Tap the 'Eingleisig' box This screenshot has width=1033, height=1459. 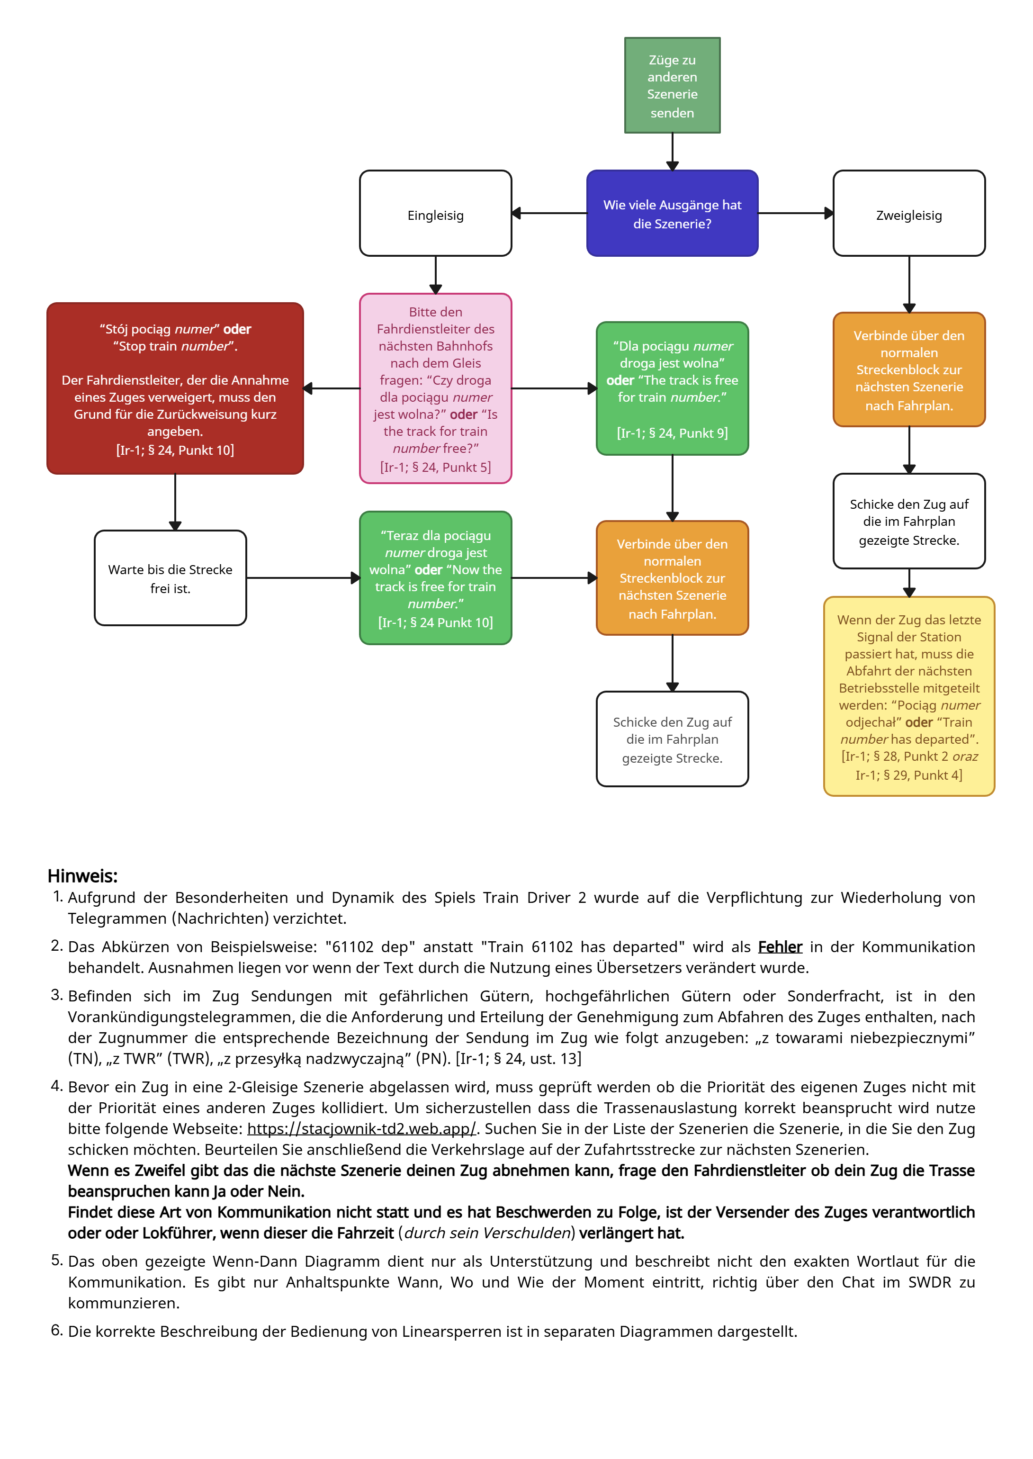(x=435, y=214)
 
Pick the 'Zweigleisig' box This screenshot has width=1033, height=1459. (x=908, y=214)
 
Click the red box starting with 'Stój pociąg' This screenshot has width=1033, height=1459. (x=175, y=388)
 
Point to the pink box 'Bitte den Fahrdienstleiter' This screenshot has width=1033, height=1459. (x=435, y=388)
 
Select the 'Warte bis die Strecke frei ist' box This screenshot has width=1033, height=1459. (x=170, y=577)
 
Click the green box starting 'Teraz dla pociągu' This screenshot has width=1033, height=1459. (x=435, y=577)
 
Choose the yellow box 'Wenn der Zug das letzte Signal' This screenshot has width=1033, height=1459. (x=908, y=696)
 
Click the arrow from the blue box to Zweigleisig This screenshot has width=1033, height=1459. (x=795, y=213)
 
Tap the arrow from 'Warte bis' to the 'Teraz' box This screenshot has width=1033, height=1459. (x=303, y=577)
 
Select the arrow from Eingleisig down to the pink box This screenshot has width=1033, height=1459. (x=435, y=275)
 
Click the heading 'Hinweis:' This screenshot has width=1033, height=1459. (x=83, y=876)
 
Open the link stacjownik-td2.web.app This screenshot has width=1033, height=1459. (x=361, y=1128)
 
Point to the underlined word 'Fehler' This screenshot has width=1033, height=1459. (x=780, y=946)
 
